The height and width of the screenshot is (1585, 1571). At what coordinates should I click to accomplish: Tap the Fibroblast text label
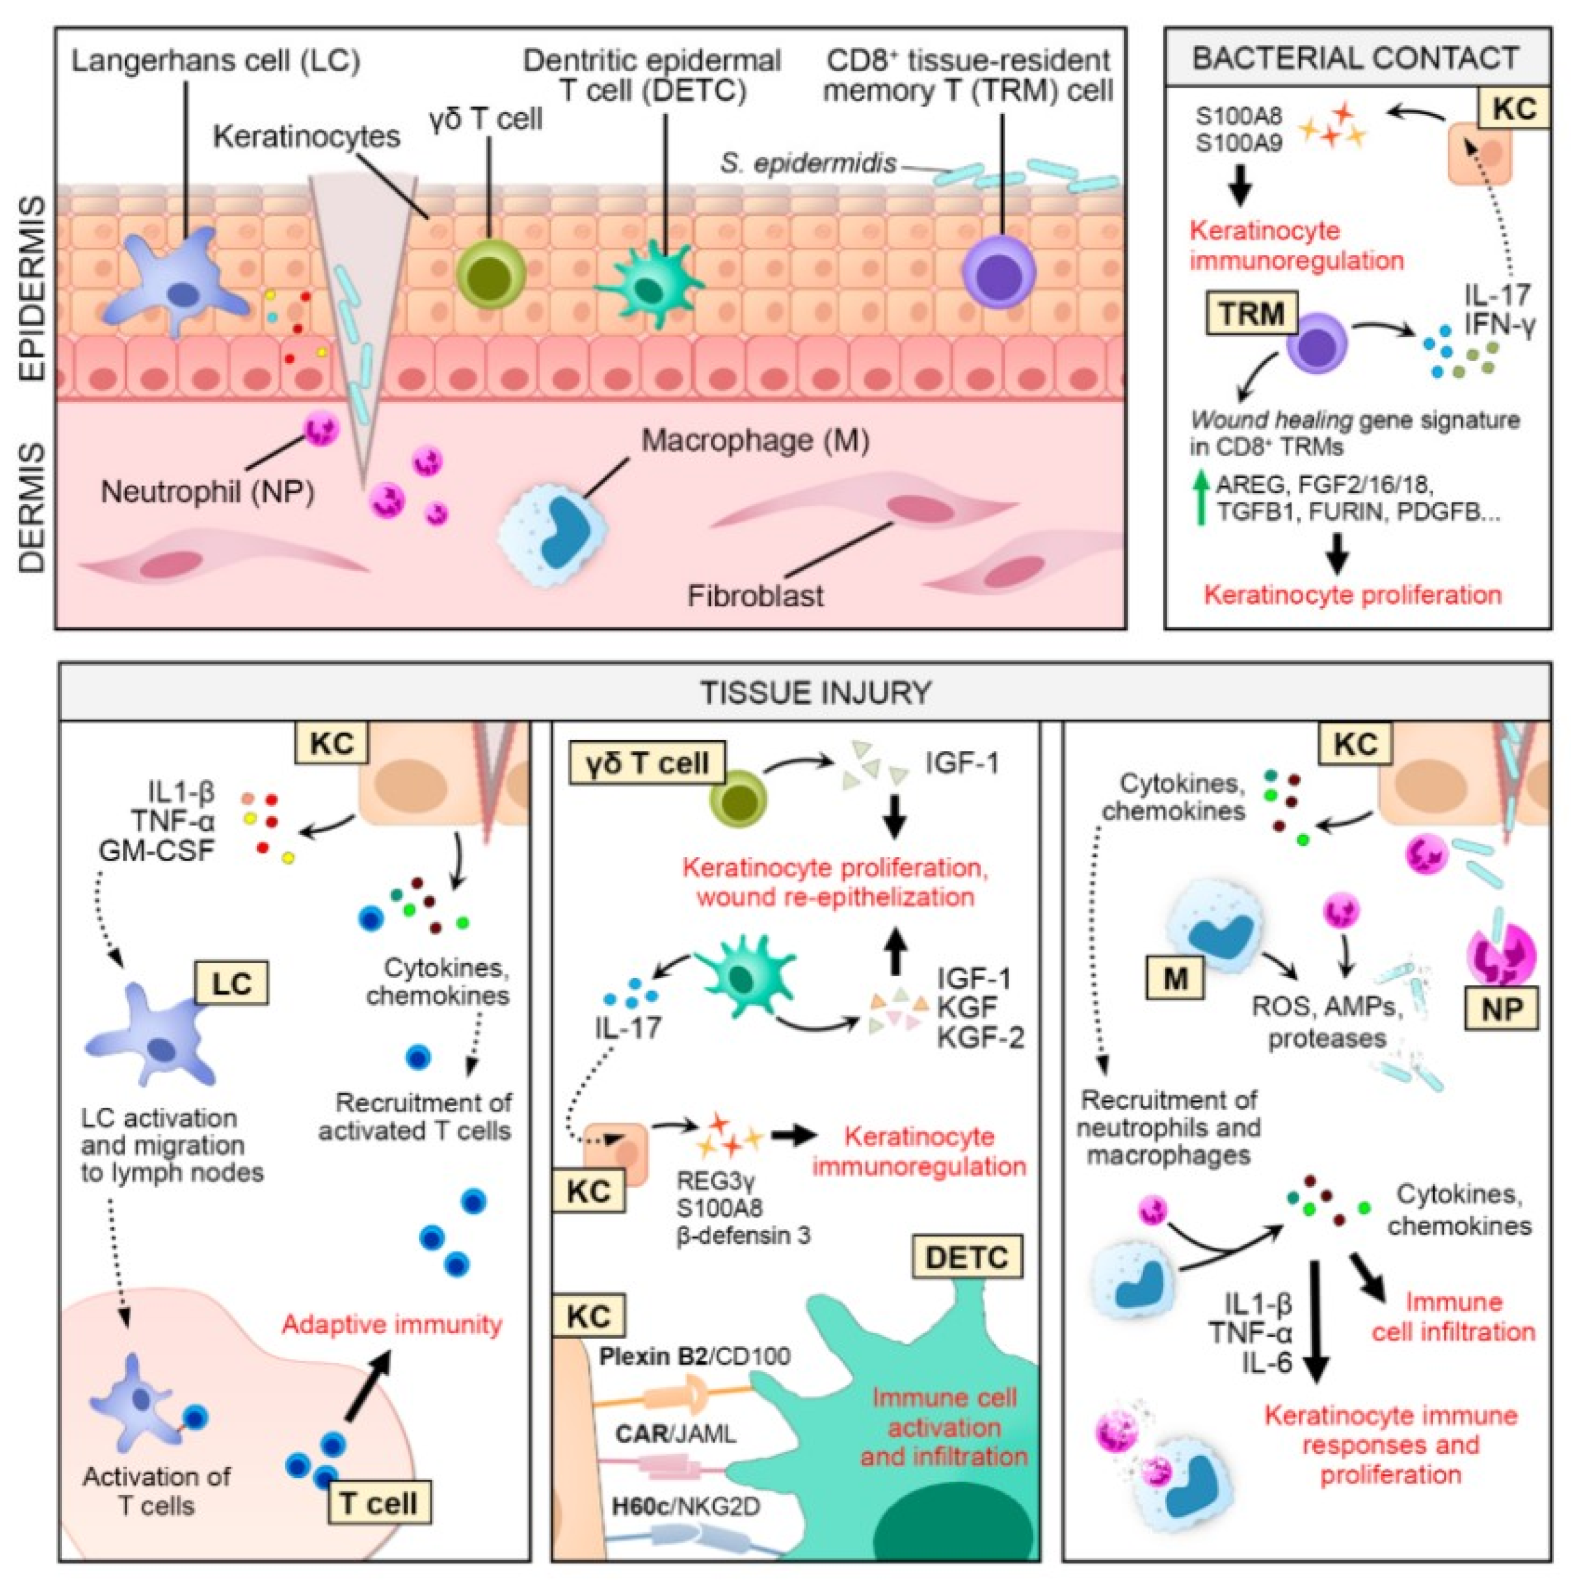click(x=756, y=595)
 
